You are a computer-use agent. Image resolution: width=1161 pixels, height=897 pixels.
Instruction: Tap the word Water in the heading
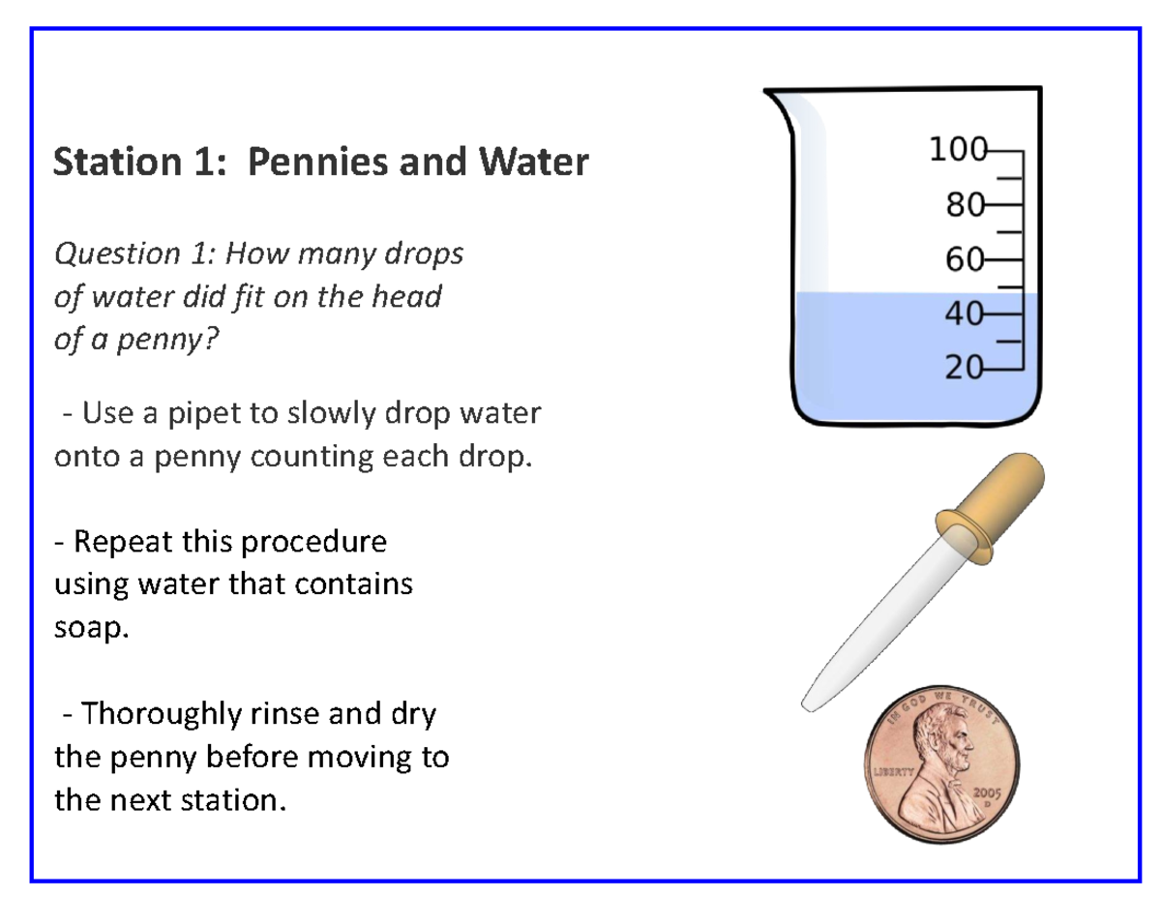click(x=534, y=162)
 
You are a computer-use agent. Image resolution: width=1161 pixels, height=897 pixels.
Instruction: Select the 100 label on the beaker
click(x=955, y=150)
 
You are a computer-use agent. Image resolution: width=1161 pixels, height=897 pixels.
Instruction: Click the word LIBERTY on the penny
click(x=893, y=772)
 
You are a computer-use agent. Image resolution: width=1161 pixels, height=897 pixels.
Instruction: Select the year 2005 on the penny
click(x=990, y=791)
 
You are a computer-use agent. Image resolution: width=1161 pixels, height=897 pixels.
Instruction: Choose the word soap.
click(x=90, y=629)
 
